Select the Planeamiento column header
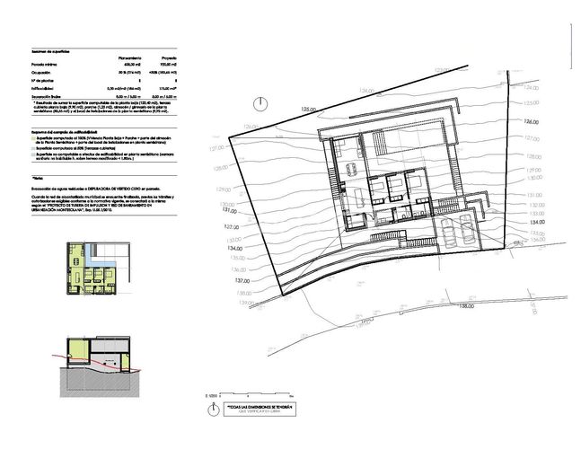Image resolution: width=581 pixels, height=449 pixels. pos(130,58)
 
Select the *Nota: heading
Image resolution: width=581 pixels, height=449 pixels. pos(37,180)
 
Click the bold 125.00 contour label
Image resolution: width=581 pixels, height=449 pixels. pos(311,108)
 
